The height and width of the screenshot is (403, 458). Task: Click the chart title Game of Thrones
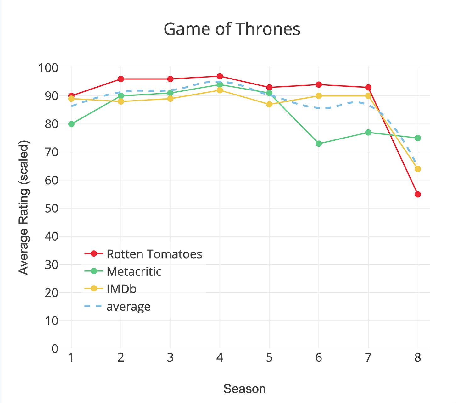coord(232,29)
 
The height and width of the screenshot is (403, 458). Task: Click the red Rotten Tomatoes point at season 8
coord(417,194)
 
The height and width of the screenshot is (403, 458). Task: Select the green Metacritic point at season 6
coord(319,144)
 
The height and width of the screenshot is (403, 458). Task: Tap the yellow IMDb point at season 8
coord(417,169)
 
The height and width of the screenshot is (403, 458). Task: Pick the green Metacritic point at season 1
coord(71,124)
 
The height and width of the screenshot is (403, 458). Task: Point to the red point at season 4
coord(220,76)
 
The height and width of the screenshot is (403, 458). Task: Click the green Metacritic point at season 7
coord(368,132)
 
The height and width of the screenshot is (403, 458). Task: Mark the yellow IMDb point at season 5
coord(269,104)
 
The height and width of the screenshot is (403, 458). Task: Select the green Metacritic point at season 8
coord(417,138)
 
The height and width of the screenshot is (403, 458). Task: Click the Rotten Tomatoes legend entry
coord(154,254)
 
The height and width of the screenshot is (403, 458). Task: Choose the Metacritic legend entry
coord(134,272)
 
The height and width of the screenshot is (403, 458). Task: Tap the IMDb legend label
coord(121,289)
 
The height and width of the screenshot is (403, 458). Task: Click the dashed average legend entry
coord(128,307)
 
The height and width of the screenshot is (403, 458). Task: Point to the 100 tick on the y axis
coord(48,68)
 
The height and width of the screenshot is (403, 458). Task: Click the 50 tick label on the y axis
coord(52,208)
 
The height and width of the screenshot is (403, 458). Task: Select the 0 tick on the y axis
coord(55,349)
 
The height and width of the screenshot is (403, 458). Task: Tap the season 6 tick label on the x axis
coord(319,357)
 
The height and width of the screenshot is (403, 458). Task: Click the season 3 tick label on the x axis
coord(170,357)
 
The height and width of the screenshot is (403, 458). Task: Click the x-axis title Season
coord(244,389)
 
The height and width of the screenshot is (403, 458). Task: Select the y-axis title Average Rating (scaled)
coord(24,208)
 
